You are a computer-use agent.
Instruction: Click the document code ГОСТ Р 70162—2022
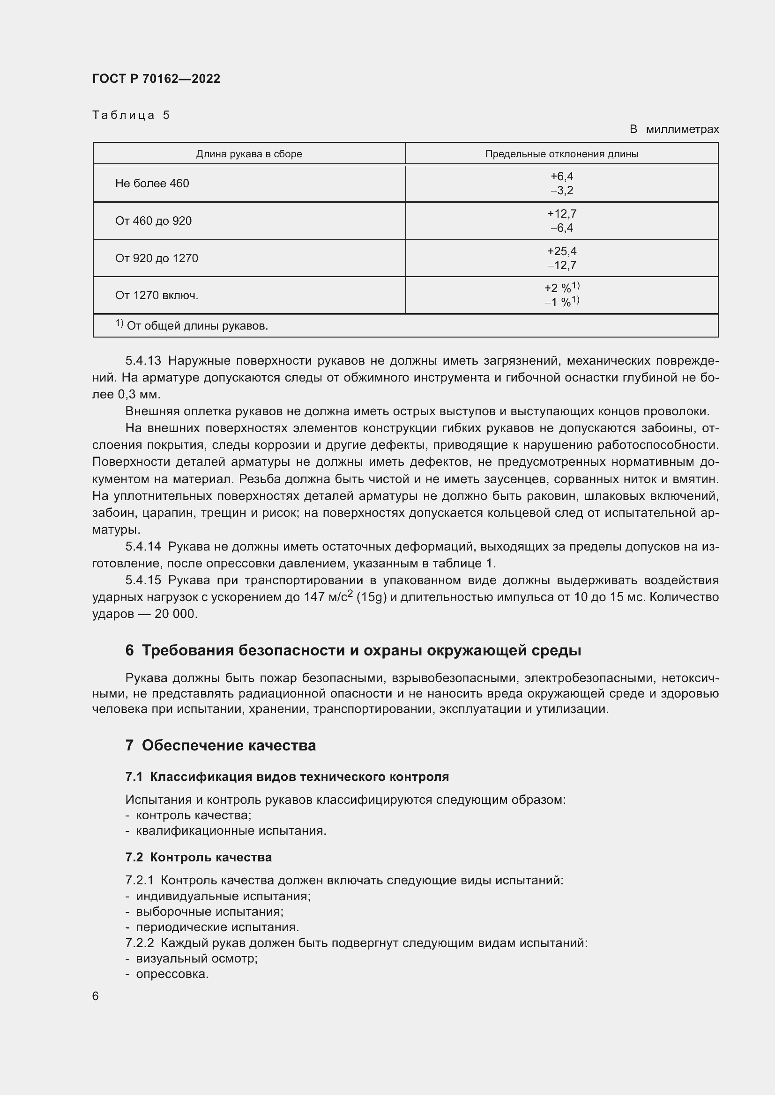tap(156, 79)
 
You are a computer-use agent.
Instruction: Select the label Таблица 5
tap(131, 115)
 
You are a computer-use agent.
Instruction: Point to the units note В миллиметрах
tap(673, 129)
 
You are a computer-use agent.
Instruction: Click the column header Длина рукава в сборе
tap(249, 154)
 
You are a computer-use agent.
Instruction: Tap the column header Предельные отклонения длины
tap(561, 154)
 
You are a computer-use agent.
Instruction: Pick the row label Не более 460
tap(152, 184)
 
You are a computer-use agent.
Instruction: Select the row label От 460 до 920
tap(153, 221)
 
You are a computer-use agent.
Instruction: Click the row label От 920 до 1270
tap(156, 258)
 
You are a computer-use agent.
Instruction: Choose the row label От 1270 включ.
tap(156, 295)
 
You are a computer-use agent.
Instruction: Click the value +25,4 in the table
tap(561, 251)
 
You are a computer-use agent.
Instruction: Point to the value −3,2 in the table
tap(561, 191)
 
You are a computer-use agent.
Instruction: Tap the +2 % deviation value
tap(559, 288)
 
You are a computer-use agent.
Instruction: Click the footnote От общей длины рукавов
tap(197, 326)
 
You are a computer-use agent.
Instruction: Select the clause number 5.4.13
tap(143, 360)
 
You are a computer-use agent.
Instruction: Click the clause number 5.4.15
tap(143, 580)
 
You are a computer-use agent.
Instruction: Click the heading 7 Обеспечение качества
tap(221, 745)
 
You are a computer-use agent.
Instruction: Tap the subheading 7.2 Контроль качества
tap(199, 857)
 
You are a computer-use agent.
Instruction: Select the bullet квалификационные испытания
tap(231, 831)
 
